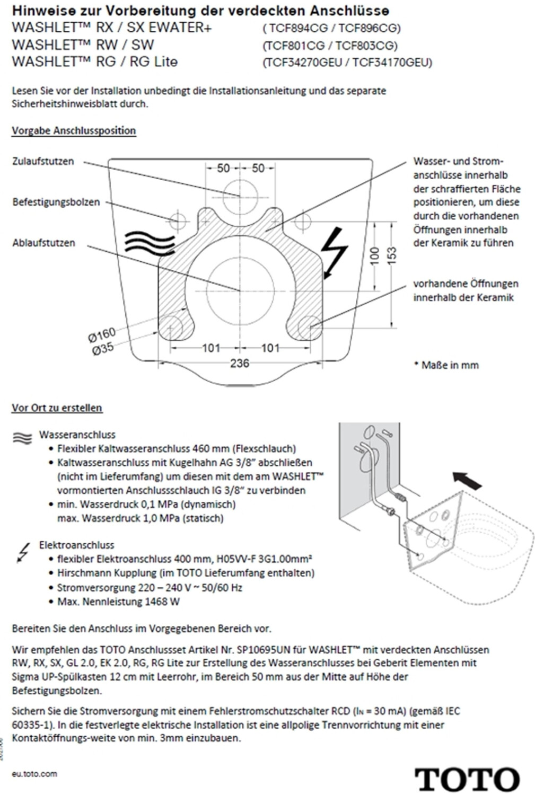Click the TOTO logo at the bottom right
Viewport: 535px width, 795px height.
467,779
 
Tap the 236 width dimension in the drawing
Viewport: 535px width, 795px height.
240,363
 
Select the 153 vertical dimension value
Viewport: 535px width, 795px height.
391,255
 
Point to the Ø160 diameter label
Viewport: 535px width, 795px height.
102,335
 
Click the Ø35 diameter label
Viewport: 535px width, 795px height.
103,349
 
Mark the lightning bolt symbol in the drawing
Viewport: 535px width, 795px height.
334,252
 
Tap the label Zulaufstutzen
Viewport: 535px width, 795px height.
43,161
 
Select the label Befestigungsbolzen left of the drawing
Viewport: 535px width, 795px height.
56,202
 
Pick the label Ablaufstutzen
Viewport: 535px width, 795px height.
43,243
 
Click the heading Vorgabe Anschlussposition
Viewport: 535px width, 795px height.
74,130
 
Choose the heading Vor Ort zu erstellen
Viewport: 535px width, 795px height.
57,408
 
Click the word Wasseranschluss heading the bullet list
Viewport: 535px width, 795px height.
77,435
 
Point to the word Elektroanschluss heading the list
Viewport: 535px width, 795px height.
76,545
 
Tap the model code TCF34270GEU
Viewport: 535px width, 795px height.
302,63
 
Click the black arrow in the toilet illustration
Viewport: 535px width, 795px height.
467,480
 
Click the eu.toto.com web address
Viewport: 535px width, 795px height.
34,774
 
